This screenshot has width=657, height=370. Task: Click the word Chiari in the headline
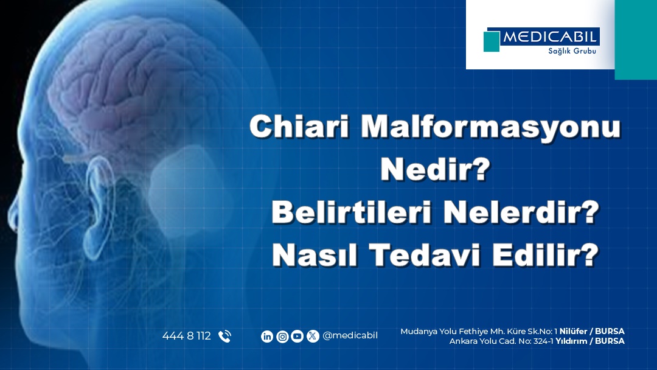(299, 126)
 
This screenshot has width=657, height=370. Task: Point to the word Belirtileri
(352, 212)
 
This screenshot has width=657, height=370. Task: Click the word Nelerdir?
(521, 212)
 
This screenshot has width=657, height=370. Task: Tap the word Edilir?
(545, 255)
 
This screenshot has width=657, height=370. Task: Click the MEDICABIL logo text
(549, 37)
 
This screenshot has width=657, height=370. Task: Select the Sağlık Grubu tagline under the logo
(572, 51)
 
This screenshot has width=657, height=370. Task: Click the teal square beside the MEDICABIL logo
(492, 41)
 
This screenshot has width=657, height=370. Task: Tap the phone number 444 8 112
(187, 336)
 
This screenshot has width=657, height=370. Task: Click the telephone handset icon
(224, 336)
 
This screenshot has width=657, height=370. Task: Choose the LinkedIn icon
(267, 336)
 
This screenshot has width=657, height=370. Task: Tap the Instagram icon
(282, 336)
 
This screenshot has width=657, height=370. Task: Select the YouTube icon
(297, 336)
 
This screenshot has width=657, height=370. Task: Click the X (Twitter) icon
(313, 336)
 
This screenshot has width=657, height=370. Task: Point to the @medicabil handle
(350, 336)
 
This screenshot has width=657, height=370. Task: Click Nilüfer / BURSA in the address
(592, 332)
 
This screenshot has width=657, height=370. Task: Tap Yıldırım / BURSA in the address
(590, 341)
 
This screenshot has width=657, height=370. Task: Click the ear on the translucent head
(99, 205)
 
